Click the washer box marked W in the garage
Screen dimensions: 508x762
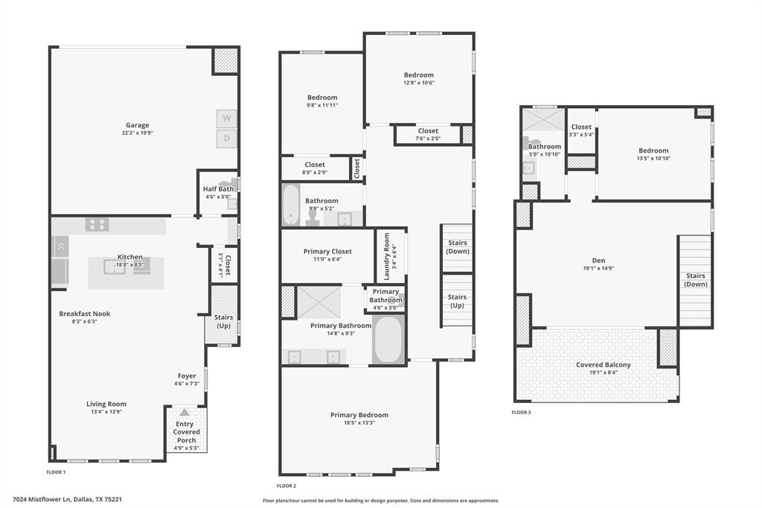click(x=227, y=118)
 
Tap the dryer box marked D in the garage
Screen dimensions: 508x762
click(x=227, y=139)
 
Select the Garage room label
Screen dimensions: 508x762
click(x=137, y=125)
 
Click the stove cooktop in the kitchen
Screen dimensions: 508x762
click(x=96, y=224)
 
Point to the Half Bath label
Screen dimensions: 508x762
click(x=218, y=188)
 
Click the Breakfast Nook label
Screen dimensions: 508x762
click(x=85, y=314)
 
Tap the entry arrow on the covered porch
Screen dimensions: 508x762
click(x=185, y=412)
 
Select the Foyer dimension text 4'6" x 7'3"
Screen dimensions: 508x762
click(x=187, y=384)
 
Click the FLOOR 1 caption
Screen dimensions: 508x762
click(x=56, y=472)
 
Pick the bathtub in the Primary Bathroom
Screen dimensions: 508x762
click(x=388, y=340)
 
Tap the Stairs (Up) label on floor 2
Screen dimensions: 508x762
click(x=457, y=300)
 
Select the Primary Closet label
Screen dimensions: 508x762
click(x=327, y=252)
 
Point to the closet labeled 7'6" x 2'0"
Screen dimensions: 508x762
click(x=428, y=134)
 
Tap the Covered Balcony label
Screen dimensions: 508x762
click(x=603, y=365)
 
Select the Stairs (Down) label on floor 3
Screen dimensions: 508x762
click(x=696, y=280)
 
